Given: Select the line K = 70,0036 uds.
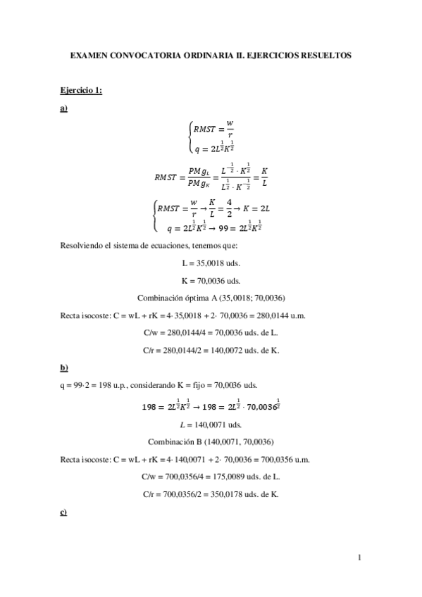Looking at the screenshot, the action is point(211,279).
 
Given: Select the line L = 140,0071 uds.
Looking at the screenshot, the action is point(211,425).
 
